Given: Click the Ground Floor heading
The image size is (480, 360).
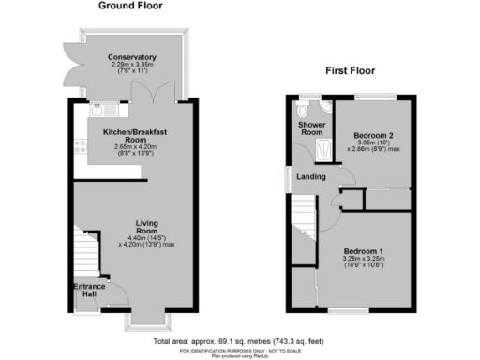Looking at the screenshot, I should (x=130, y=6).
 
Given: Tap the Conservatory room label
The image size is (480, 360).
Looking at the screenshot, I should (x=131, y=58).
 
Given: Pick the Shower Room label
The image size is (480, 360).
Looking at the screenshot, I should (x=310, y=128).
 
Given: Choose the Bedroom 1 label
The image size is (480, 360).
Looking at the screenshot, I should (x=364, y=252).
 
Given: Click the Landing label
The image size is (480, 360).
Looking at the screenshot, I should (x=310, y=178).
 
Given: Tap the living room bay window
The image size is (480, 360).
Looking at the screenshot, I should (x=145, y=322).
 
